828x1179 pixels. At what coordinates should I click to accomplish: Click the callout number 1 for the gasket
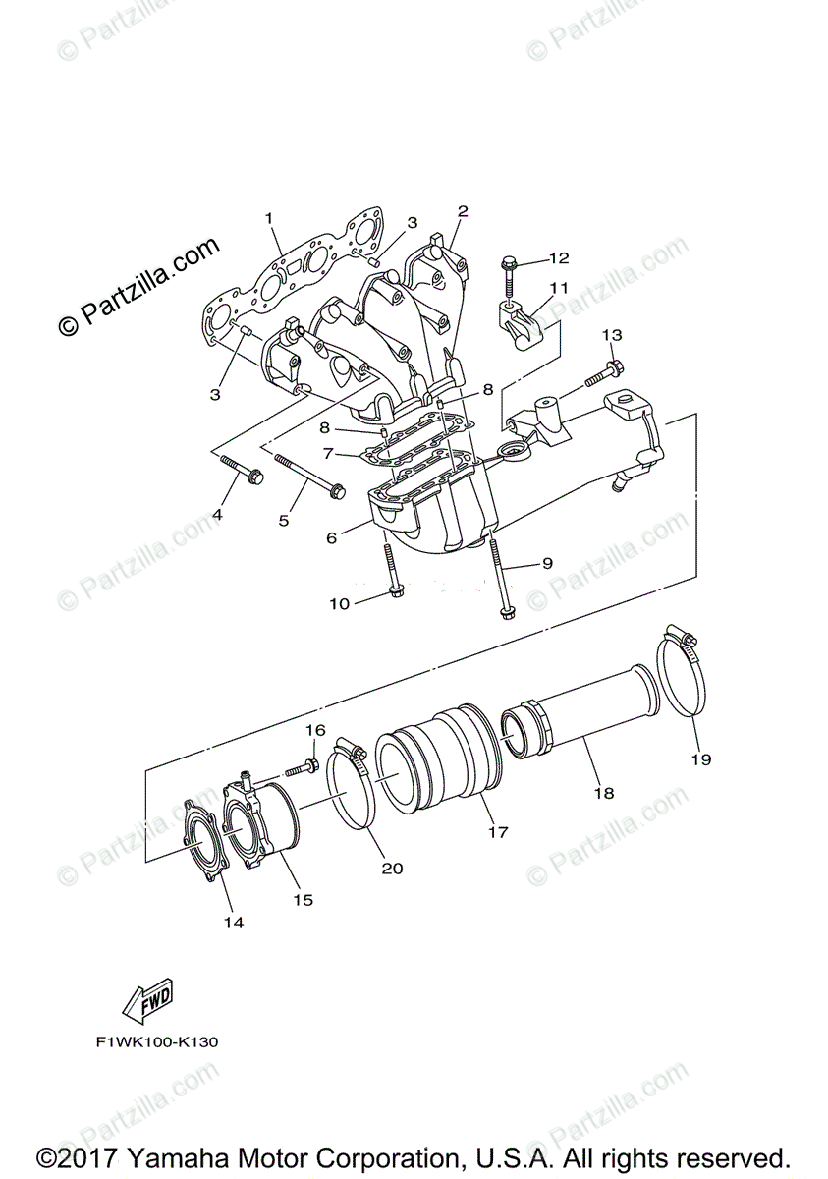(x=268, y=217)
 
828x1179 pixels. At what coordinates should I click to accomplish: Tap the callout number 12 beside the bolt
(x=559, y=258)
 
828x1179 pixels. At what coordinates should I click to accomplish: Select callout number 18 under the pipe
(x=603, y=792)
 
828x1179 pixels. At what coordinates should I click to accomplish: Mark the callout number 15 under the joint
(x=304, y=899)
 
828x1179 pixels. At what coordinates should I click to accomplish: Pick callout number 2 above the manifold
(x=463, y=210)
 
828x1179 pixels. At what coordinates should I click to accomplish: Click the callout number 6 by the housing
(x=331, y=537)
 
